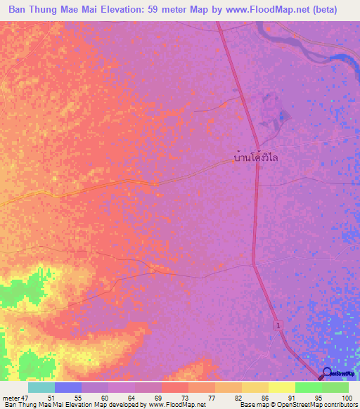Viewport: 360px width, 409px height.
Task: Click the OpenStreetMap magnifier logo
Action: [x=326, y=373]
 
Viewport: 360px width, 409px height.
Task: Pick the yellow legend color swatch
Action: [x=281, y=387]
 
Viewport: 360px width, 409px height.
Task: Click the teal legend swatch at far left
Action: [x=41, y=387]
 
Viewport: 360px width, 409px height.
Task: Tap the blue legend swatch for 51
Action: [x=67, y=387]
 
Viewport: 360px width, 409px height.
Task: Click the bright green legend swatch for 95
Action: [x=308, y=387]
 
